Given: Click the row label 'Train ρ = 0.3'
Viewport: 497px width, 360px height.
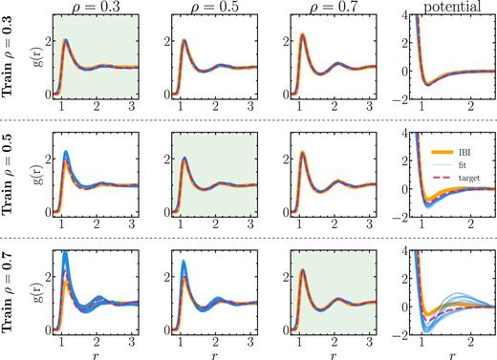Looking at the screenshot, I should pyautogui.click(x=11, y=59).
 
